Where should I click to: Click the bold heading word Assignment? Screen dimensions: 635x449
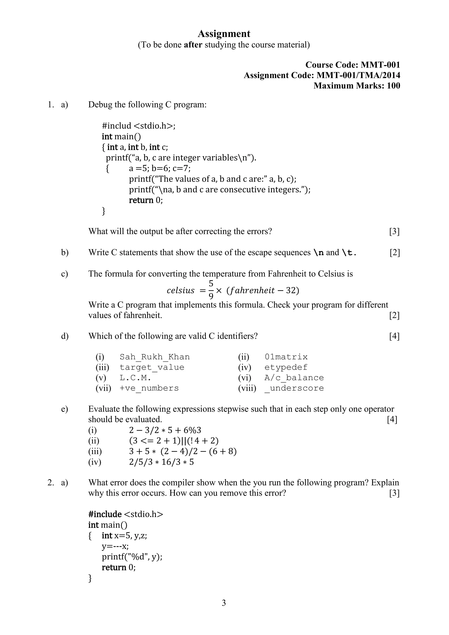click(224, 34)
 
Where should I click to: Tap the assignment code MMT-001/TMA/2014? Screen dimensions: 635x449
click(358, 75)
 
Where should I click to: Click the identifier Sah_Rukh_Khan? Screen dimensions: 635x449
click(155, 357)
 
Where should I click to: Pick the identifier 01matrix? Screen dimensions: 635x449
click(286, 357)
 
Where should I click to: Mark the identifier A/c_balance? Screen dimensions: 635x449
click(294, 378)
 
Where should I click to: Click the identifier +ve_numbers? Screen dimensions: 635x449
click(149, 388)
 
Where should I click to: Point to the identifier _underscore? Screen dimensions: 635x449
click(294, 388)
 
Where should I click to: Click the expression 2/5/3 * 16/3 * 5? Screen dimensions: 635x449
click(161, 462)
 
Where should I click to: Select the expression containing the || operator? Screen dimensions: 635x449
click(174, 441)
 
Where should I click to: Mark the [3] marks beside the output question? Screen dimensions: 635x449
click(394, 231)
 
